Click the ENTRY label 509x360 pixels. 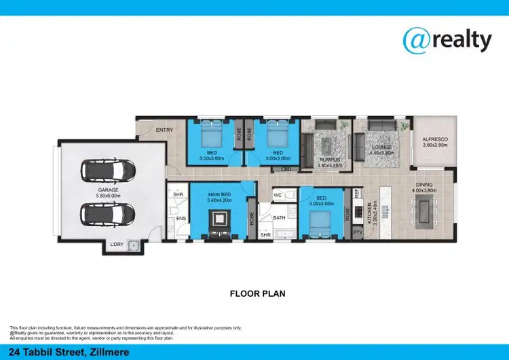click(164, 130)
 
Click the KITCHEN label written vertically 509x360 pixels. click(369, 213)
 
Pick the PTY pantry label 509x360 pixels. click(357, 232)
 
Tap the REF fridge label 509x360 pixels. click(356, 194)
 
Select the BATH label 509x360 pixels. click(279, 218)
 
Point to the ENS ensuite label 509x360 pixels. click(181, 218)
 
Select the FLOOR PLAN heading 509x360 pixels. click(257, 294)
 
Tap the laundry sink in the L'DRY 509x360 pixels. click(134, 245)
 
